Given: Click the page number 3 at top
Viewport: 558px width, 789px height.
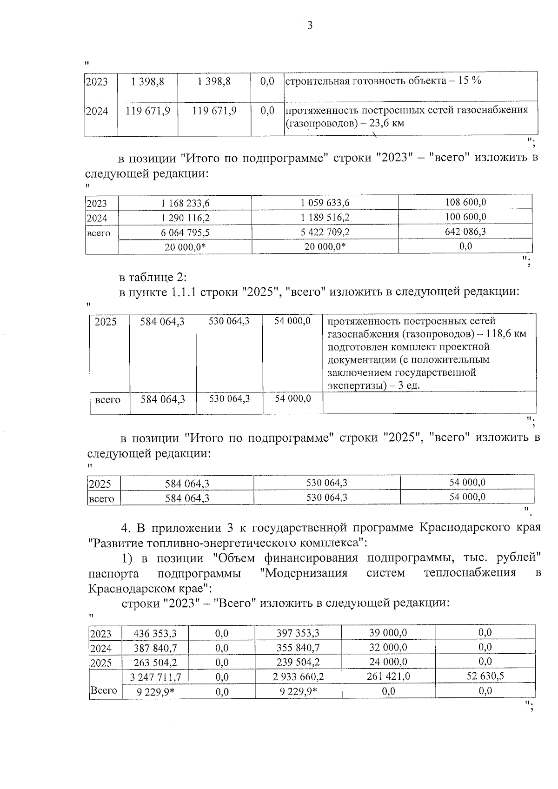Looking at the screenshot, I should (310, 25).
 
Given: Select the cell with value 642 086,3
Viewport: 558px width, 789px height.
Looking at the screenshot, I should (465, 232).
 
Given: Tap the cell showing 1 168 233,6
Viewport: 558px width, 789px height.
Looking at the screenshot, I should (185, 203).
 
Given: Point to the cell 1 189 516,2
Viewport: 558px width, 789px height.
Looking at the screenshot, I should (325, 218).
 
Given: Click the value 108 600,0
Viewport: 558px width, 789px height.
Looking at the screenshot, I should (465, 202).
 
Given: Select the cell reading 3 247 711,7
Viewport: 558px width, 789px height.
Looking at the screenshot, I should (156, 677).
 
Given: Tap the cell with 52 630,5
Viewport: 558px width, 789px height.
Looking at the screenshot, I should (485, 676).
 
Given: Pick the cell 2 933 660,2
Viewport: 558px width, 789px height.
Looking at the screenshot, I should (298, 676).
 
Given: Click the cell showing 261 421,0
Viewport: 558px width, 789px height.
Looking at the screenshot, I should (388, 676).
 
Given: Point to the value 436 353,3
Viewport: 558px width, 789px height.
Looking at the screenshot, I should (155, 633).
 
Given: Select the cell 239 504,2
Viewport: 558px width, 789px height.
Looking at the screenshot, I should (298, 662).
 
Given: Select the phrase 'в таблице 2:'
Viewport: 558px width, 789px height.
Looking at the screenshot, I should (153, 277).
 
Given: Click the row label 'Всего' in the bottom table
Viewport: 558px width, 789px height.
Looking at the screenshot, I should (104, 690).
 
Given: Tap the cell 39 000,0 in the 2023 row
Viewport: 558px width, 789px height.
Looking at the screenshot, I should (388, 633).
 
